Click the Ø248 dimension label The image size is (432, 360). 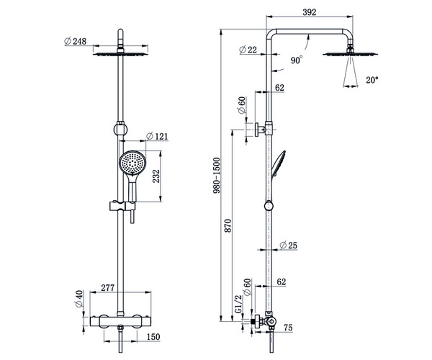click(75, 41)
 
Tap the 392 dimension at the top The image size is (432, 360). click(310, 12)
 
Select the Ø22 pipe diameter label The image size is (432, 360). click(248, 50)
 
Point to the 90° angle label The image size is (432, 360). click(297, 60)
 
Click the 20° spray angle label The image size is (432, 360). click(372, 80)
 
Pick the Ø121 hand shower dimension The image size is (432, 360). click(157, 136)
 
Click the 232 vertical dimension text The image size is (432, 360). click(156, 176)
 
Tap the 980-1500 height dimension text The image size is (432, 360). click(217, 176)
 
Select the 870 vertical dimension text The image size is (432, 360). click(228, 226)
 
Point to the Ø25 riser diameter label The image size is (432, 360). click(289, 245)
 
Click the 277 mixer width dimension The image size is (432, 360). click(107, 288)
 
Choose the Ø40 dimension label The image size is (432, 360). click(78, 299)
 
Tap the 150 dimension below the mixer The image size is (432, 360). click(153, 337)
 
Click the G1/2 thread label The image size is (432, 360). click(238, 304)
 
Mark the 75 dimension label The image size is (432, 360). click(288, 328)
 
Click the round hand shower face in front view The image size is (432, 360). click(132, 162)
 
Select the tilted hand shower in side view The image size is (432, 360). click(278, 164)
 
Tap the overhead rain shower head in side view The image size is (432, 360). click(350, 54)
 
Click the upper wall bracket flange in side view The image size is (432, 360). click(256, 130)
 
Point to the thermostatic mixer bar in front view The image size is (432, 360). click(121, 321)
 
